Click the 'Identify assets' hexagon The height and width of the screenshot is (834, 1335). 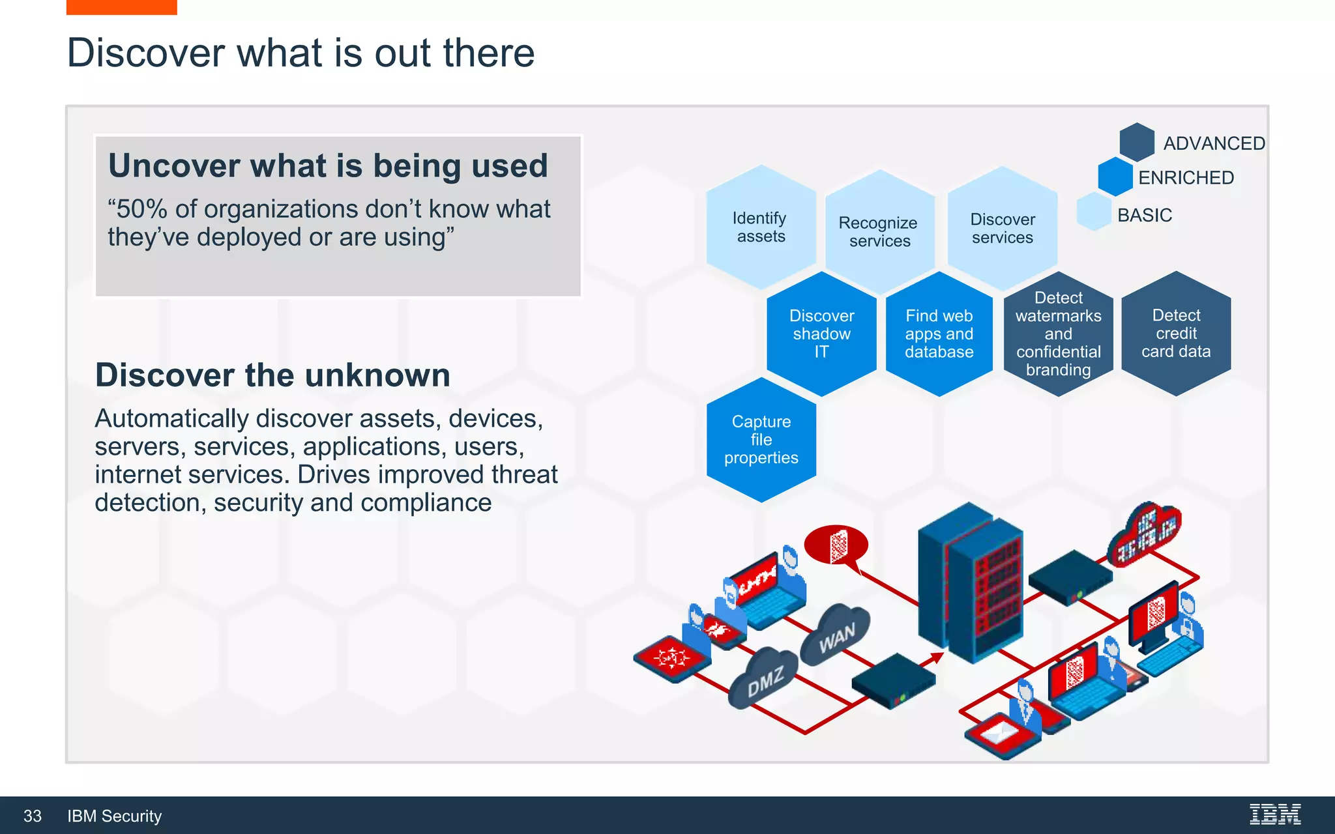[761, 227]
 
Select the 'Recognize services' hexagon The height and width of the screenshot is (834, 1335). [879, 231]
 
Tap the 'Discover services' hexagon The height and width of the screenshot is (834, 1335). [1002, 228]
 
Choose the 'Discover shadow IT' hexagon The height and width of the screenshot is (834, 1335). [821, 334]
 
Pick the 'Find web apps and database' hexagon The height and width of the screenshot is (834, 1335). [939, 334]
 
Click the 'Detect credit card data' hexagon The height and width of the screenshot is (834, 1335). [1176, 334]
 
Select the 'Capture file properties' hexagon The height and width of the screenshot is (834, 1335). [761, 440]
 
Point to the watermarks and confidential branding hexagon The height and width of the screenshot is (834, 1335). [1058, 334]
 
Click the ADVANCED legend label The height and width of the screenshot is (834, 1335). [1214, 143]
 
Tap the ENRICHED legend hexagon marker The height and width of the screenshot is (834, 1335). [1115, 177]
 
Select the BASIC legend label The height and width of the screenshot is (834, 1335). [1145, 215]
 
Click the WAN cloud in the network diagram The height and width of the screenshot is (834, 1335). [836, 635]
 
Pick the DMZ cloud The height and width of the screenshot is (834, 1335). [764, 680]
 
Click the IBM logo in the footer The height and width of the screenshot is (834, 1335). [1274, 814]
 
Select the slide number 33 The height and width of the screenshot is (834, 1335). [33, 816]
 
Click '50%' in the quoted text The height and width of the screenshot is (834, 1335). [141, 209]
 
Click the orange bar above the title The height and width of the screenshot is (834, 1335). [122, 7]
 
